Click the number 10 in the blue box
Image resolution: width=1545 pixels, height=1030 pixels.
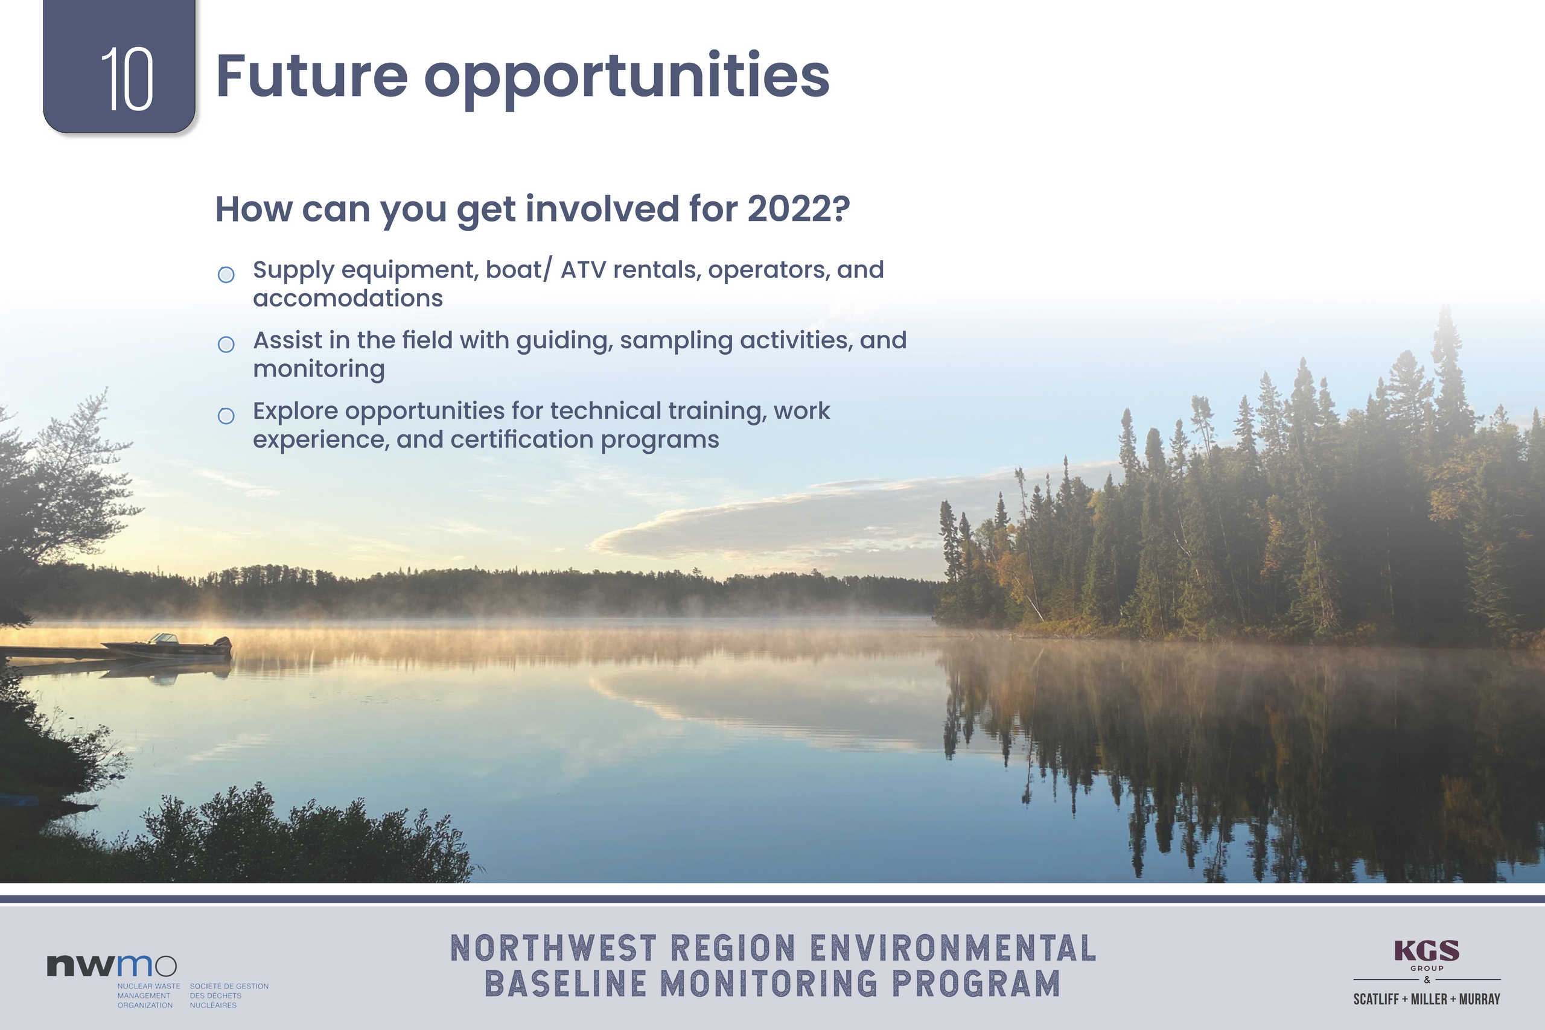click(x=127, y=79)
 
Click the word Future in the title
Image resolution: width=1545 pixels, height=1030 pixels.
click(x=311, y=75)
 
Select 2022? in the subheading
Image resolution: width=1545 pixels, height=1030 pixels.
click(x=799, y=208)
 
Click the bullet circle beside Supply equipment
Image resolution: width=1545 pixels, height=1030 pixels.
click(x=226, y=275)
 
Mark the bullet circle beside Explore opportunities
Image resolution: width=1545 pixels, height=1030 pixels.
click(x=226, y=416)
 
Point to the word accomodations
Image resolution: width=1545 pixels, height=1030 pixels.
click(x=348, y=299)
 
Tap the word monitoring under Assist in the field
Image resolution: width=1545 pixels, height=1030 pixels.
click(x=319, y=369)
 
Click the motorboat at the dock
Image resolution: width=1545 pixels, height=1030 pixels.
click(x=168, y=646)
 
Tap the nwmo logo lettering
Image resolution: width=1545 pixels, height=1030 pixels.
click(x=112, y=965)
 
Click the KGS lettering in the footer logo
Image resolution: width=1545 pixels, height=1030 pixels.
click(x=1426, y=950)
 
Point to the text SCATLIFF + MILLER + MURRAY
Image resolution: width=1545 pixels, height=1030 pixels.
click(x=1426, y=999)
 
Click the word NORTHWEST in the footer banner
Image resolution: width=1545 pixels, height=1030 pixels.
click(x=554, y=949)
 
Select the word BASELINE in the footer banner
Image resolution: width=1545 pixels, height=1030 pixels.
click(x=566, y=984)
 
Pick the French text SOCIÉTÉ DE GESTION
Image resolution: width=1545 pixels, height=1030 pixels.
click(x=229, y=986)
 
